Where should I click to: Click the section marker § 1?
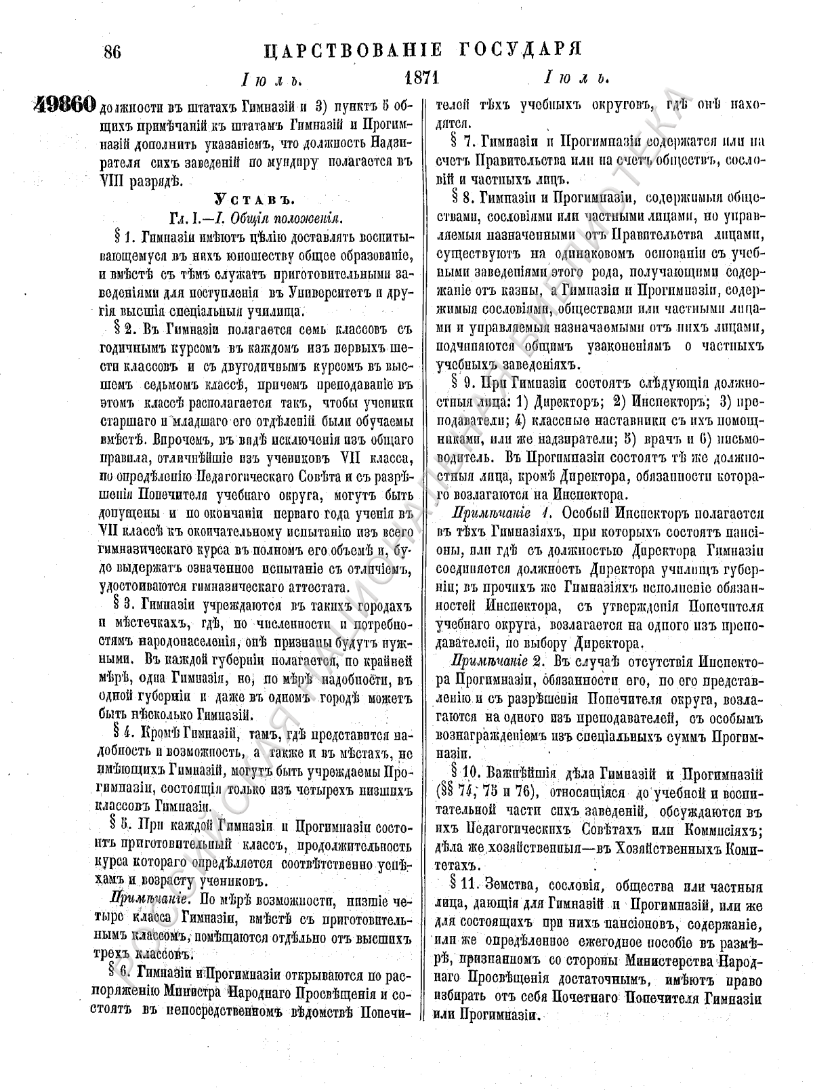pos(124,237)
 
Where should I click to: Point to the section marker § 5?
pos(123,826)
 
